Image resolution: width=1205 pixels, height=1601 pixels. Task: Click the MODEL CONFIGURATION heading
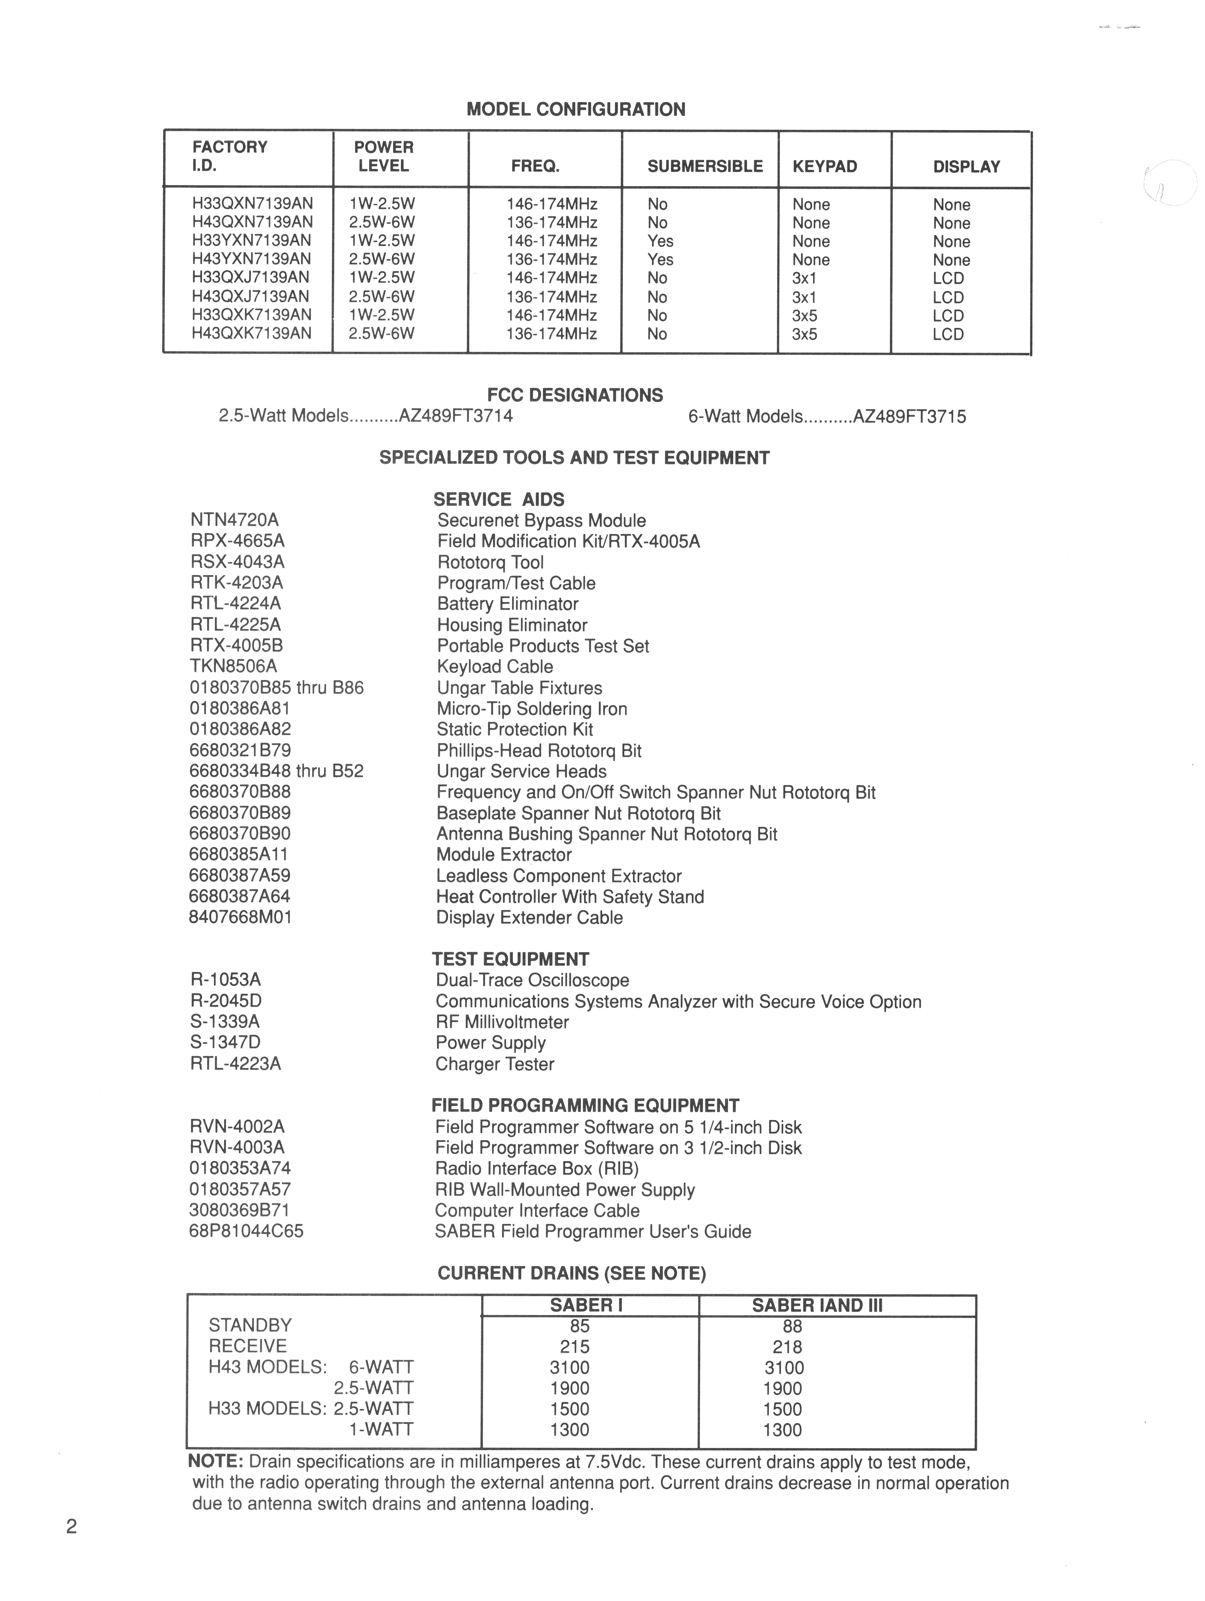tap(575, 109)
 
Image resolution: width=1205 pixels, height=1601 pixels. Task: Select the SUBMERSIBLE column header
tap(705, 166)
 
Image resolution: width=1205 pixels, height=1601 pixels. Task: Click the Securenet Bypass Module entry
tap(541, 520)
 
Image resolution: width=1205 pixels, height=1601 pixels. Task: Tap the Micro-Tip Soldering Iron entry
tap(532, 709)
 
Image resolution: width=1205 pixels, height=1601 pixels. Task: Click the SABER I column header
tap(586, 1306)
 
